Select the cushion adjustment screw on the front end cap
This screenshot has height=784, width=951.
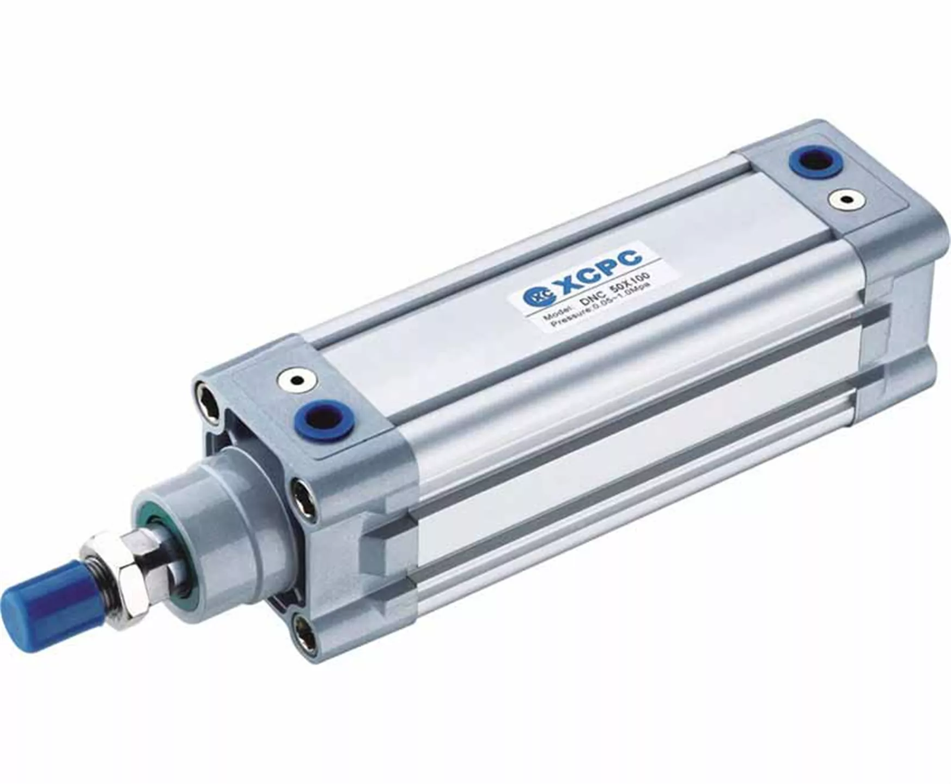tap(297, 381)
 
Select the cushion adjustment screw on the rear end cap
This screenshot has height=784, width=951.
tap(844, 200)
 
